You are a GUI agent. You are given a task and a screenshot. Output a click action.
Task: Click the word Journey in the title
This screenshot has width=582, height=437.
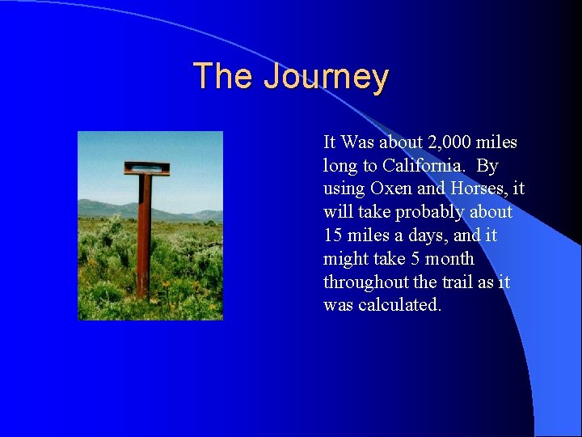pos(326,77)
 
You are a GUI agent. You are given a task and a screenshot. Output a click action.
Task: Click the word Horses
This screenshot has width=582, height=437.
pos(478,189)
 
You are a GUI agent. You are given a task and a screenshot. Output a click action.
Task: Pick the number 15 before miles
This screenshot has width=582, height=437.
pos(333,235)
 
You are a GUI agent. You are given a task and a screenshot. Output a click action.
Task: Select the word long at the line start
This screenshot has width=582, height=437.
pos(339,166)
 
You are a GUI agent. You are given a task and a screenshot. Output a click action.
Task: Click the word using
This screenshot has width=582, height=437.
pos(344,189)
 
